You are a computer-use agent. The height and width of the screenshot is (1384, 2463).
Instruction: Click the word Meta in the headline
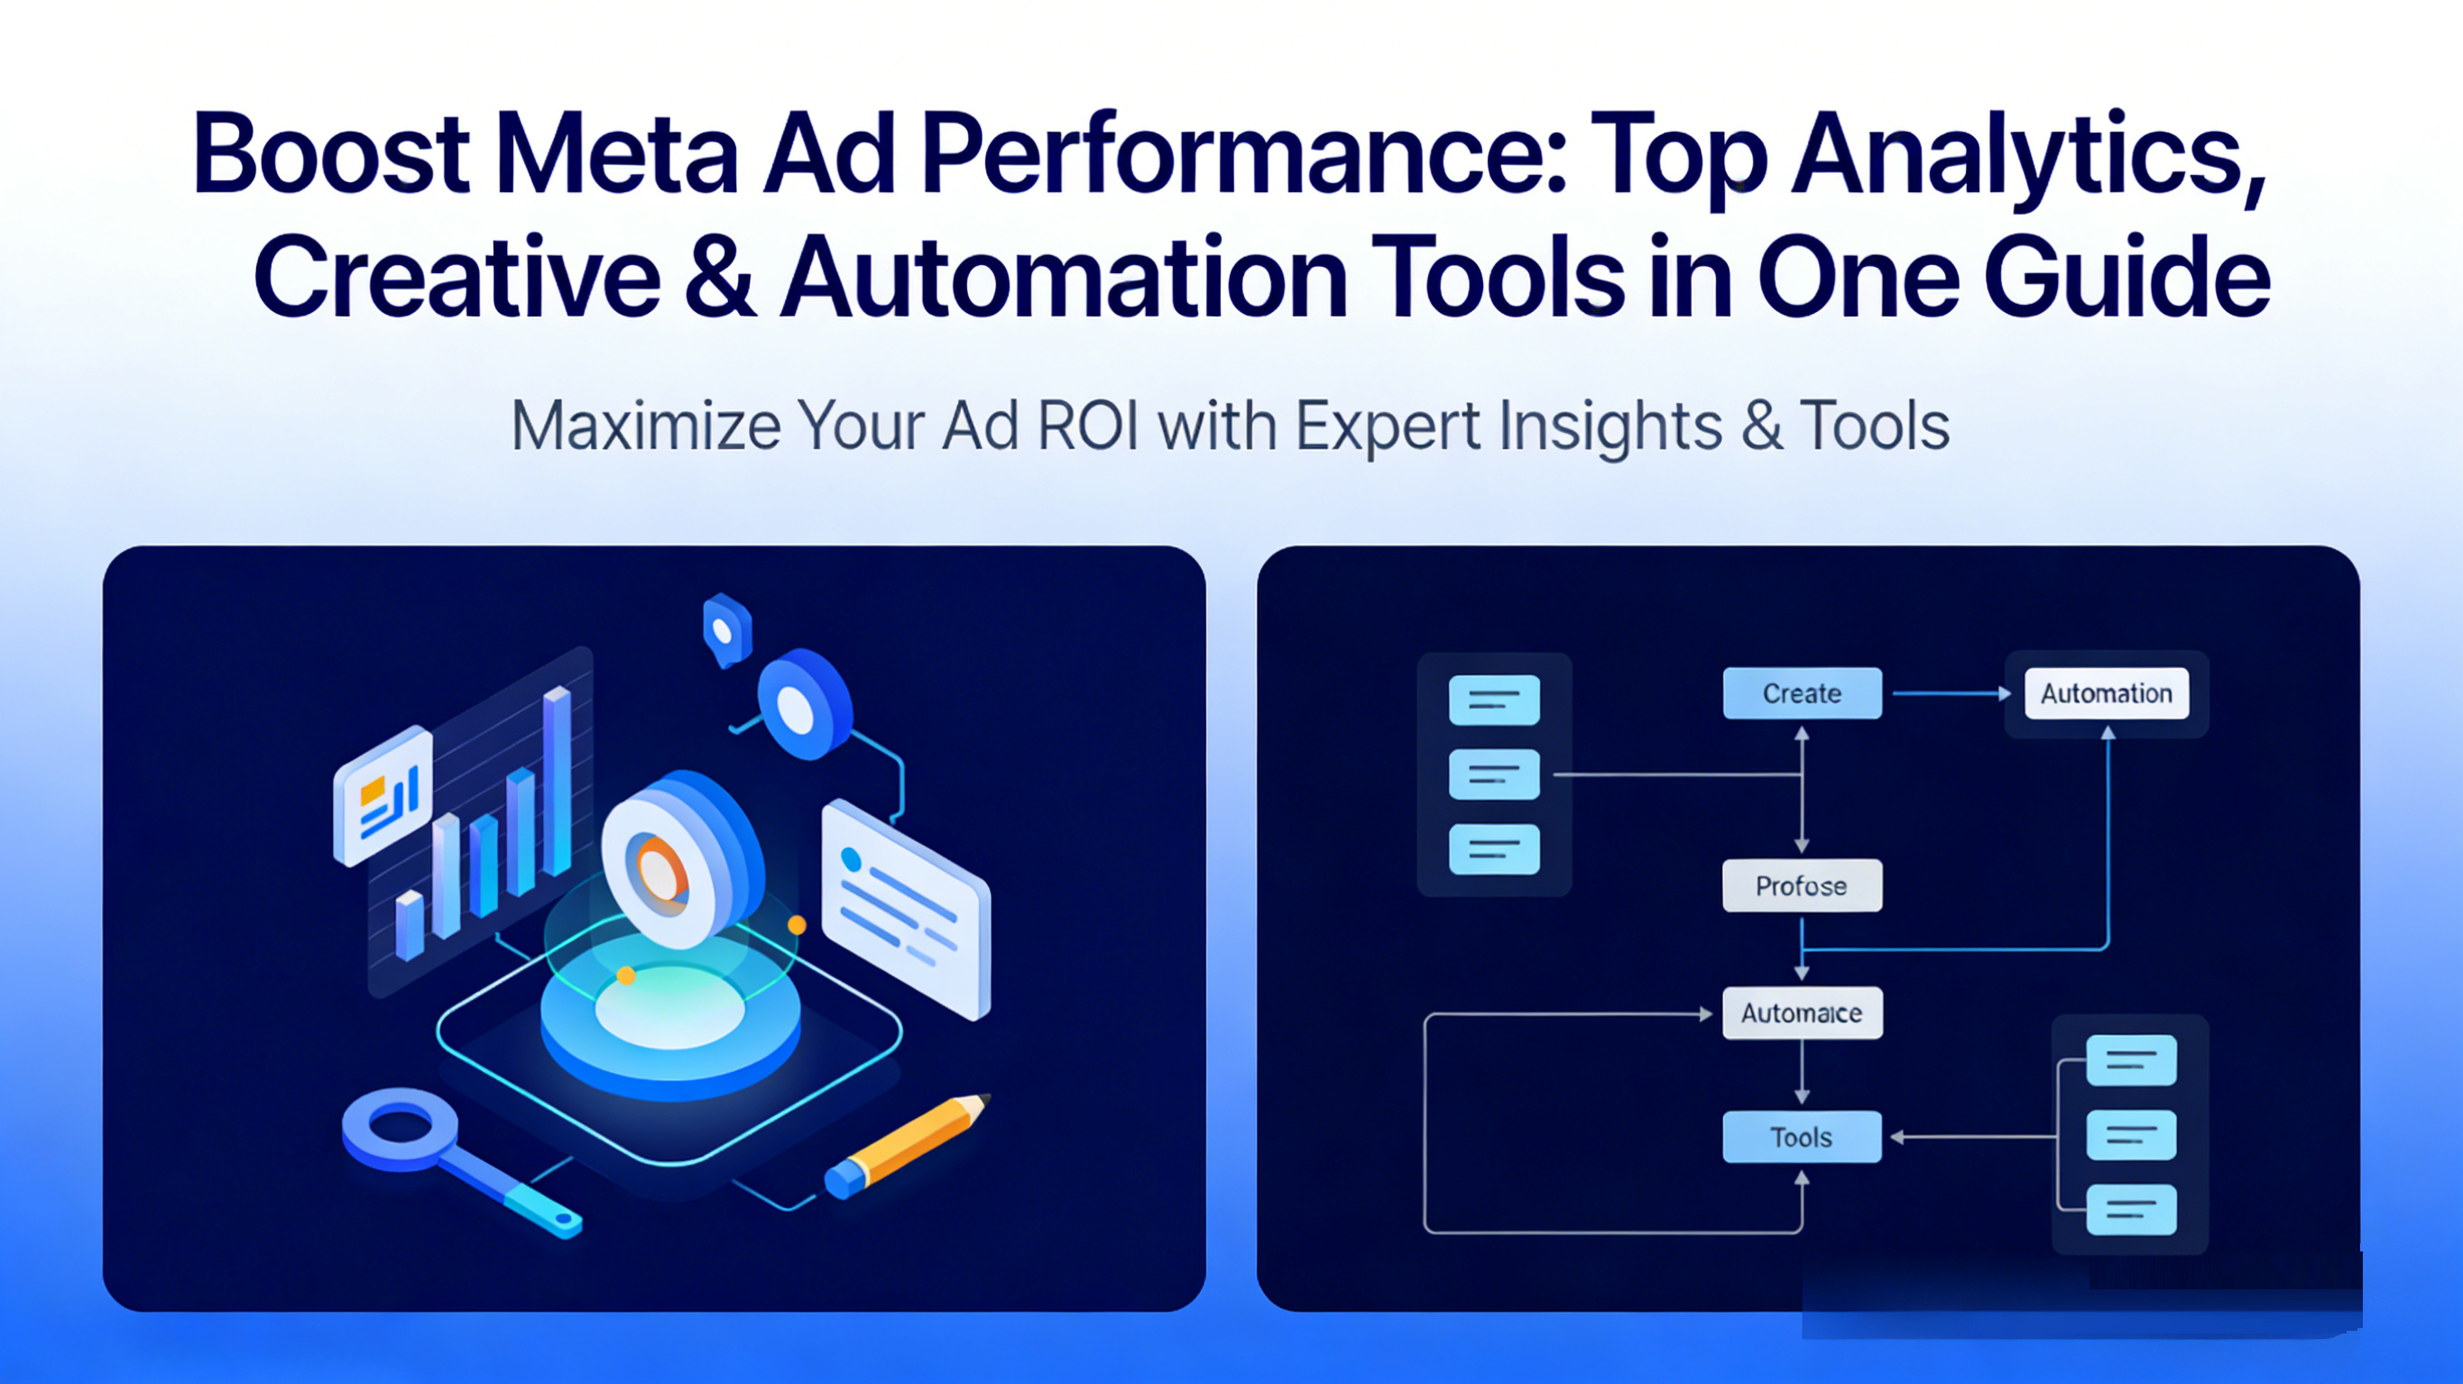click(x=617, y=154)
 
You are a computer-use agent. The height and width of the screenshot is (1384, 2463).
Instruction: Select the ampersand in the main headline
click(x=720, y=278)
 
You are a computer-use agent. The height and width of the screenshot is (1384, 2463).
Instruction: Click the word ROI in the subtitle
click(x=1087, y=426)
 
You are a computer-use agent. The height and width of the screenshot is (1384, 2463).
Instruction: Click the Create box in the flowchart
click(x=1802, y=693)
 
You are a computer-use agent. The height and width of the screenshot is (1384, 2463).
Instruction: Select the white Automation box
click(x=2107, y=693)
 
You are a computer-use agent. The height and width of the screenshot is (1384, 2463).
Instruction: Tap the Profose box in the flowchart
click(x=1802, y=885)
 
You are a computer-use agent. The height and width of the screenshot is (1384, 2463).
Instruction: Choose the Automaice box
click(x=1802, y=1013)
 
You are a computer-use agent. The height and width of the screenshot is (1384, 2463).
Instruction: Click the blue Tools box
click(x=1802, y=1136)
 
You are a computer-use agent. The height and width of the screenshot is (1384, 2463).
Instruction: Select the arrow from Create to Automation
click(x=1951, y=693)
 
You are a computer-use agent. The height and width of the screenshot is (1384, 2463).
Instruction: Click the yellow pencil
click(x=908, y=1145)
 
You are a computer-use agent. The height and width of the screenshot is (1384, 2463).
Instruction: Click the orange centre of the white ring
click(x=658, y=872)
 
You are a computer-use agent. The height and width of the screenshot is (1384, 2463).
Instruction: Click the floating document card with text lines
click(x=906, y=908)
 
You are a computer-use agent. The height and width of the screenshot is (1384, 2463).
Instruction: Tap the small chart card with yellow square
click(x=383, y=795)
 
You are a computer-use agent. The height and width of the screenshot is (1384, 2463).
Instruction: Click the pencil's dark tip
click(x=986, y=1099)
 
